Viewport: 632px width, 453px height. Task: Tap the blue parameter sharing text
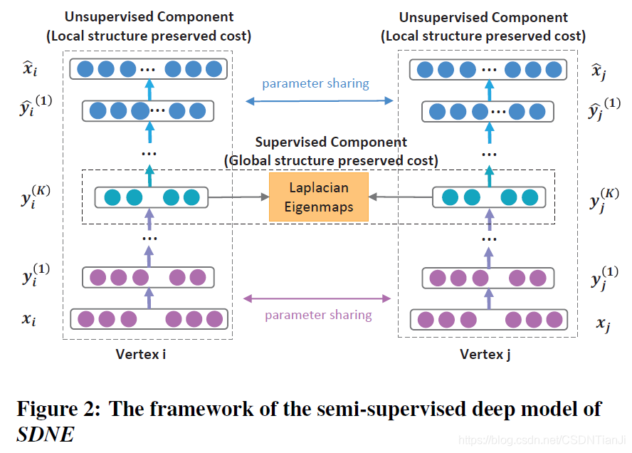click(315, 83)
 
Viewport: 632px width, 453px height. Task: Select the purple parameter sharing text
click(318, 315)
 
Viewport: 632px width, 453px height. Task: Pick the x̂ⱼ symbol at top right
click(600, 69)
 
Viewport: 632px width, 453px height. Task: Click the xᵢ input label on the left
click(28, 319)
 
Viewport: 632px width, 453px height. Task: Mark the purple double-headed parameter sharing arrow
click(318, 298)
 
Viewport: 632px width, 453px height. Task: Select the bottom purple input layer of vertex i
click(149, 318)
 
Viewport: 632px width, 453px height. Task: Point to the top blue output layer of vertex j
click(489, 69)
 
